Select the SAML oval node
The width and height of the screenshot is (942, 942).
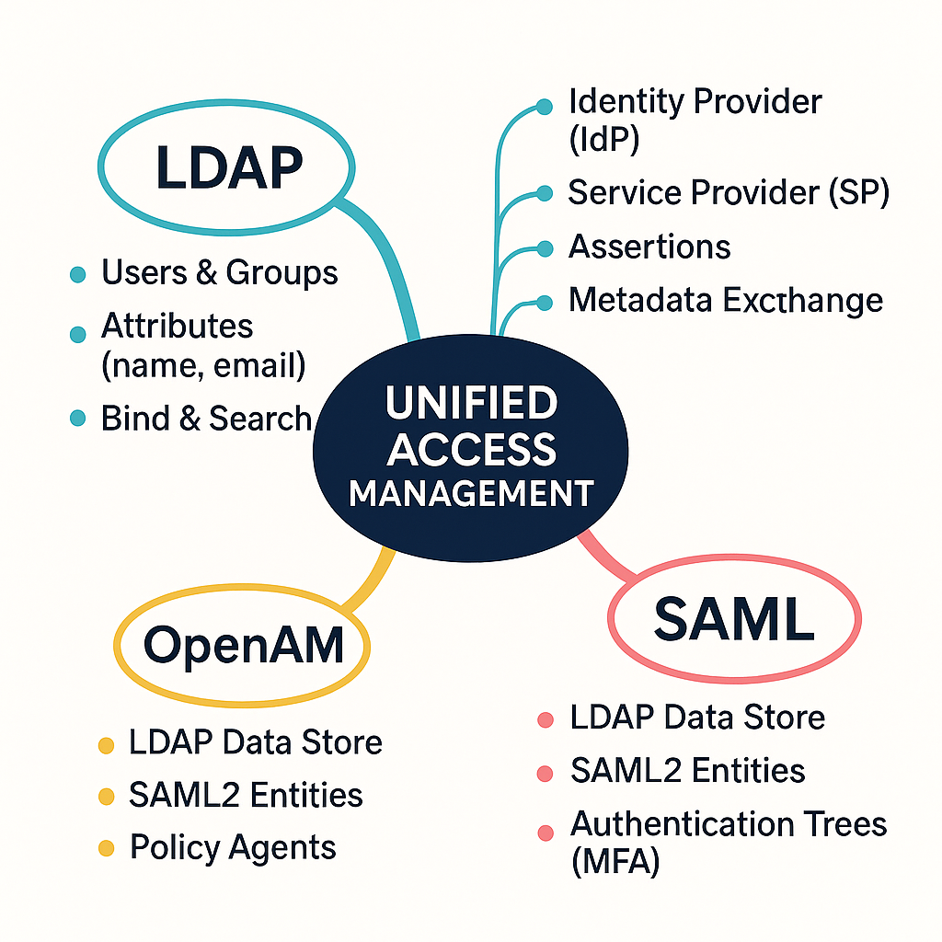pyautogui.click(x=734, y=618)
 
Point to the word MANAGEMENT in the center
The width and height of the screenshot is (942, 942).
pyautogui.click(x=471, y=493)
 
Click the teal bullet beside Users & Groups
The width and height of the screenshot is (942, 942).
pyautogui.click(x=78, y=274)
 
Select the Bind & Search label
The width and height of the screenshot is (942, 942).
pyautogui.click(x=206, y=419)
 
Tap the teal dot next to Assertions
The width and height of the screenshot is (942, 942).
pyautogui.click(x=545, y=248)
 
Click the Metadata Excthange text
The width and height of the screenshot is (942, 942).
pyautogui.click(x=726, y=301)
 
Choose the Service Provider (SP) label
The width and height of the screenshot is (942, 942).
pyautogui.click(x=729, y=193)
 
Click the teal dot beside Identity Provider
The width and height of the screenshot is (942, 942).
pyautogui.click(x=545, y=107)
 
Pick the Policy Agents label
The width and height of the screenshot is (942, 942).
pyautogui.click(x=233, y=847)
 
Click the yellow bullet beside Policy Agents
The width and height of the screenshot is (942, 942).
pyautogui.click(x=106, y=848)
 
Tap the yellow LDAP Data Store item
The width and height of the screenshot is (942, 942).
pyautogui.click(x=255, y=741)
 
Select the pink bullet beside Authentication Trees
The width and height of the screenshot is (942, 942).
pyautogui.click(x=546, y=833)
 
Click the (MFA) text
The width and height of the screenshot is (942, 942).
pyautogui.click(x=615, y=864)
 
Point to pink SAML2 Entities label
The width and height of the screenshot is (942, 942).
pyautogui.click(x=687, y=771)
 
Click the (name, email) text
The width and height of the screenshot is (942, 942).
pyautogui.click(x=202, y=366)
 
